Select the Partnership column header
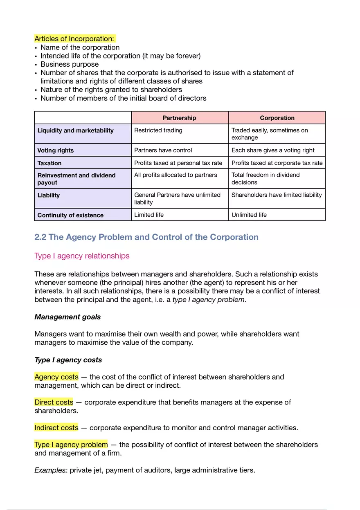tap(179, 118)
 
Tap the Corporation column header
tap(277, 118)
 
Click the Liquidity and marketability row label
tap(76, 130)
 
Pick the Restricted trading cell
tap(158, 130)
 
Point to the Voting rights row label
tap(56, 151)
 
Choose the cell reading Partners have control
tap(163, 150)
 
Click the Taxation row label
tap(49, 163)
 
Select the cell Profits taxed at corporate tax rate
tap(277, 163)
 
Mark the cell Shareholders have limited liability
tap(277, 195)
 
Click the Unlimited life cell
tap(249, 215)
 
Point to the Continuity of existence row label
tap(70, 215)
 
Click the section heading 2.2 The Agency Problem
tap(146, 237)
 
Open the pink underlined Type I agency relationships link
tap(82, 256)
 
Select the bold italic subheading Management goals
tap(67, 317)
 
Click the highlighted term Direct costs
tap(54, 402)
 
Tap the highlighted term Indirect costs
tap(56, 428)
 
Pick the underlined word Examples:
tap(51, 470)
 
